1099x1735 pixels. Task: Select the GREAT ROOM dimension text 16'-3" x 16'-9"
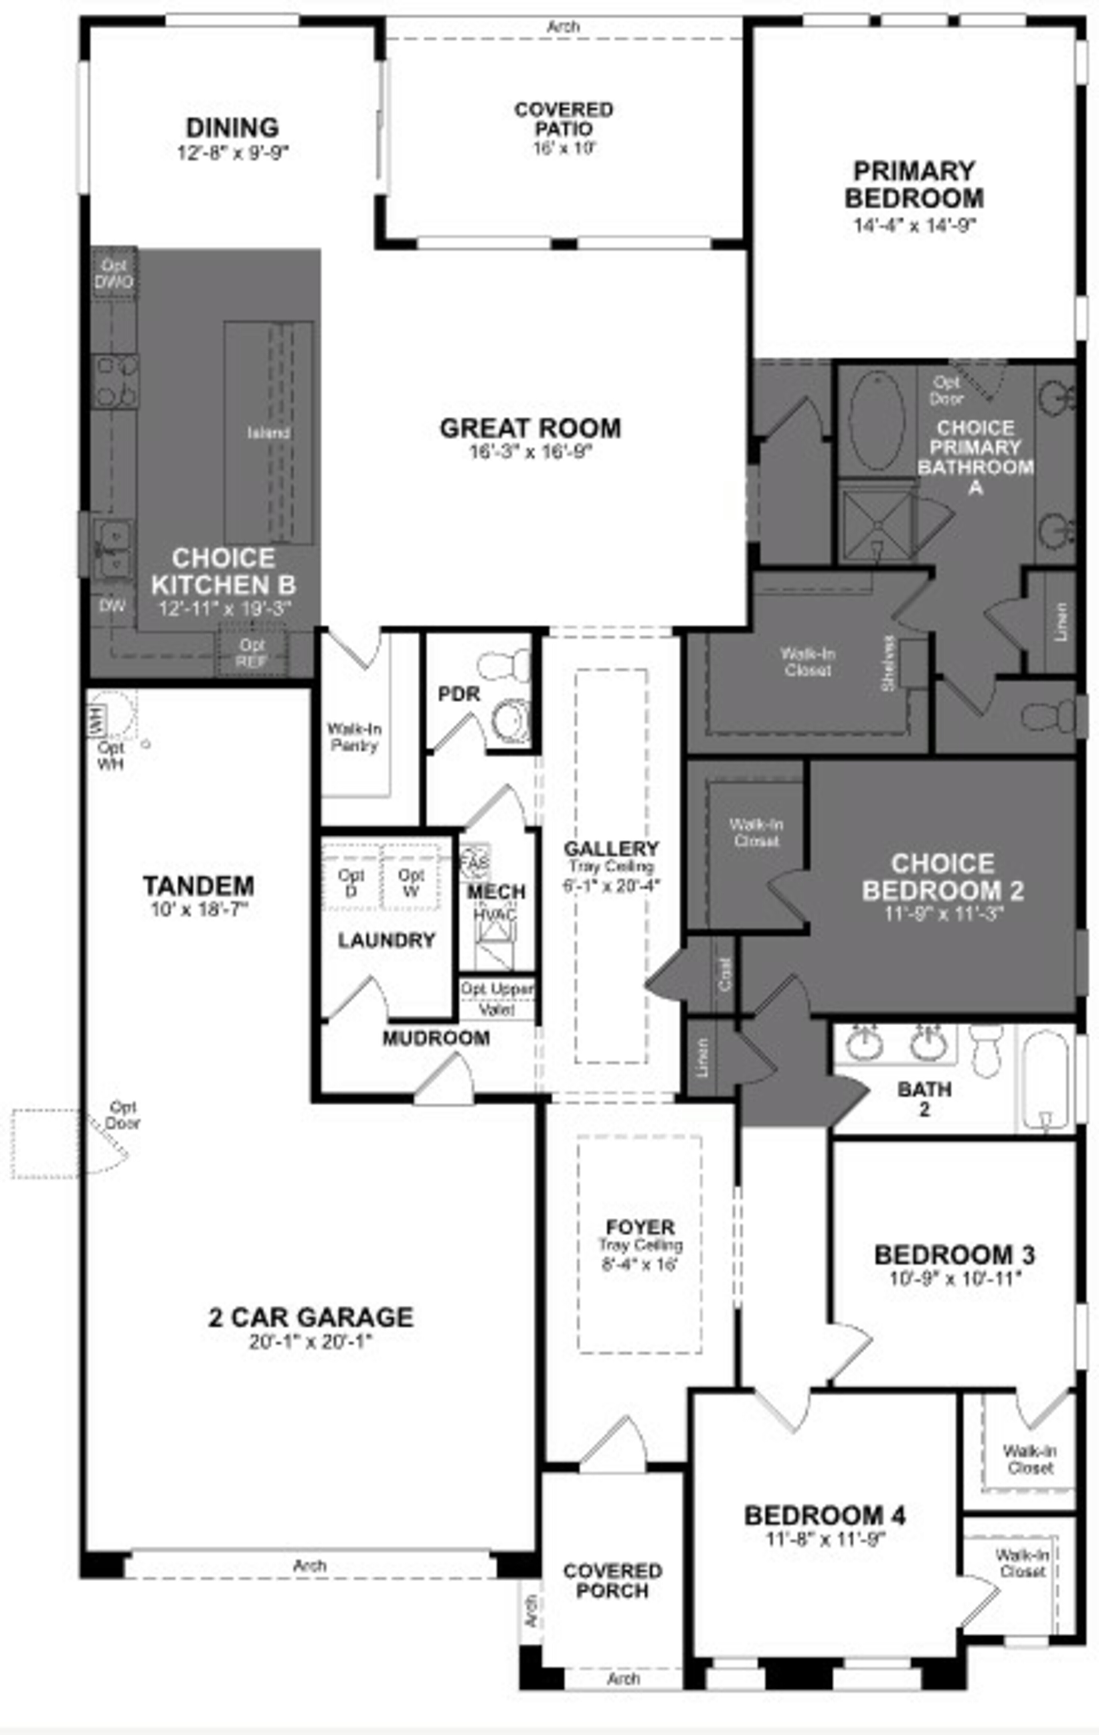click(x=530, y=452)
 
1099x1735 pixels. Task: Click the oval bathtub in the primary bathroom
click(x=876, y=421)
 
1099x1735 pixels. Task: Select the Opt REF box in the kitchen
click(x=252, y=653)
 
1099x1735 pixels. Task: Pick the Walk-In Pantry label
click(x=354, y=737)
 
